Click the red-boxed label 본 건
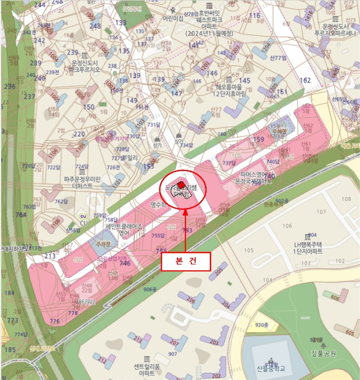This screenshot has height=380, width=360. coord(185,262)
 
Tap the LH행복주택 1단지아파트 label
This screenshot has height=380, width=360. coord(308,248)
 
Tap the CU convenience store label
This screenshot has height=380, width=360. coord(83,222)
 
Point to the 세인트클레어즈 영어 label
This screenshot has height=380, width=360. coord(124,230)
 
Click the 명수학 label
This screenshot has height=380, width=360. coord(158,205)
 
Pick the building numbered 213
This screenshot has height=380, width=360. coord(139,339)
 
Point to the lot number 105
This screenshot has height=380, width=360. coord(249,250)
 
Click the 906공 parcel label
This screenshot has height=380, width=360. coord(150,289)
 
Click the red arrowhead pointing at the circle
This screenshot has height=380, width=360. coord(185,212)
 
